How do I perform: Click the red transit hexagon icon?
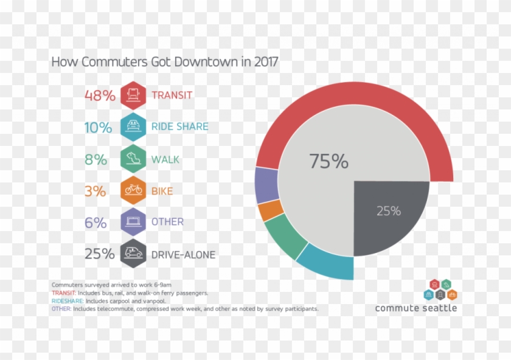coord(133,95)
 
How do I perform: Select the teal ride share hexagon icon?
coord(133,127)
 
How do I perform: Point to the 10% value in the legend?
coord(99,128)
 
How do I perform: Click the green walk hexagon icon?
coord(133,159)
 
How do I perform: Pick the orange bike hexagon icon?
coord(133,190)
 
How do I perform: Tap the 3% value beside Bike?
coord(95,191)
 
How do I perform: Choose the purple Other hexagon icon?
coord(133,222)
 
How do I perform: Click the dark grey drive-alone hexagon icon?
coord(133,254)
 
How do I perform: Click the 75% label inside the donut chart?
coord(328,162)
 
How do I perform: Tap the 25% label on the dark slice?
coord(388,211)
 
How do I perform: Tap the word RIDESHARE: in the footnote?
coord(68,301)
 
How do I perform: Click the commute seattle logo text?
coord(416,308)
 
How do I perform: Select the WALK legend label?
coord(165,160)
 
